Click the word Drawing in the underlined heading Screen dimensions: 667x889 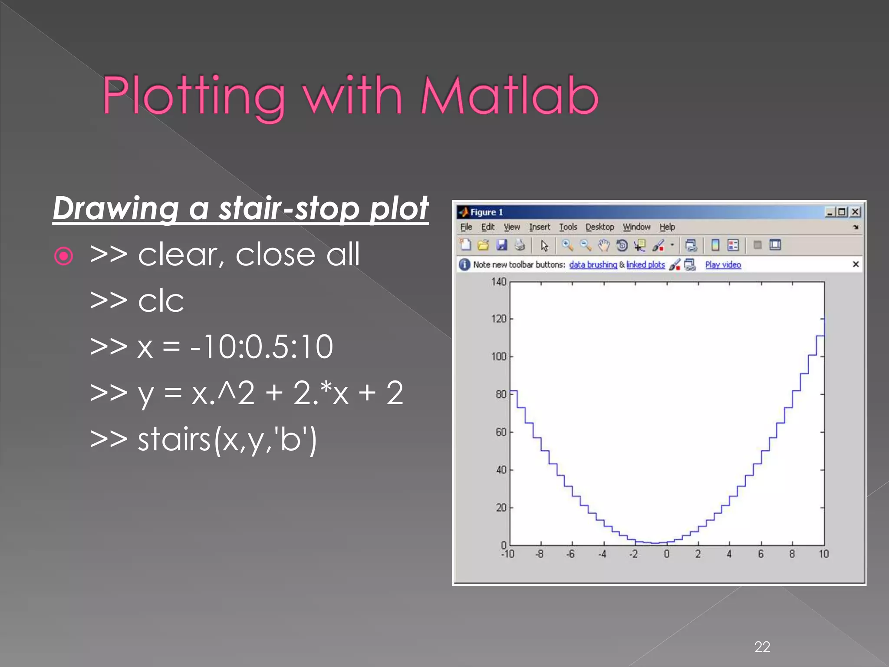coord(115,209)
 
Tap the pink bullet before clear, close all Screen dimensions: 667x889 coord(64,256)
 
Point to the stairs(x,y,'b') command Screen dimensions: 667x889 coord(204,439)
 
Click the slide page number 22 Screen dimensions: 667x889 coord(762,647)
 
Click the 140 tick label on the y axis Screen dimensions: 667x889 coord(499,282)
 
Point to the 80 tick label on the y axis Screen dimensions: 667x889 coord(501,394)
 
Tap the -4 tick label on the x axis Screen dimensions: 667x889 coord(602,554)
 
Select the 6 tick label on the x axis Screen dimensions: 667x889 coord(761,554)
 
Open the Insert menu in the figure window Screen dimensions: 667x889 coord(539,227)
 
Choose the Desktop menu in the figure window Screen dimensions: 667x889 coord(599,227)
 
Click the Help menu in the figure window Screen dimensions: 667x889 coord(667,227)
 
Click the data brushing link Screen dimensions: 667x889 coord(593,265)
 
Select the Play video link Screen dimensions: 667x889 coord(723,265)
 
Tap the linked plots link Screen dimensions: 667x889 coord(645,265)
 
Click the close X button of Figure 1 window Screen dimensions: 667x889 coord(855,212)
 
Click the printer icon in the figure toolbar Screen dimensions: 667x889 coord(520,245)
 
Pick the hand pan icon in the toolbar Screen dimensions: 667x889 coord(603,245)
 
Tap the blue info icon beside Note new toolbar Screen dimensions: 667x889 coord(464,264)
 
